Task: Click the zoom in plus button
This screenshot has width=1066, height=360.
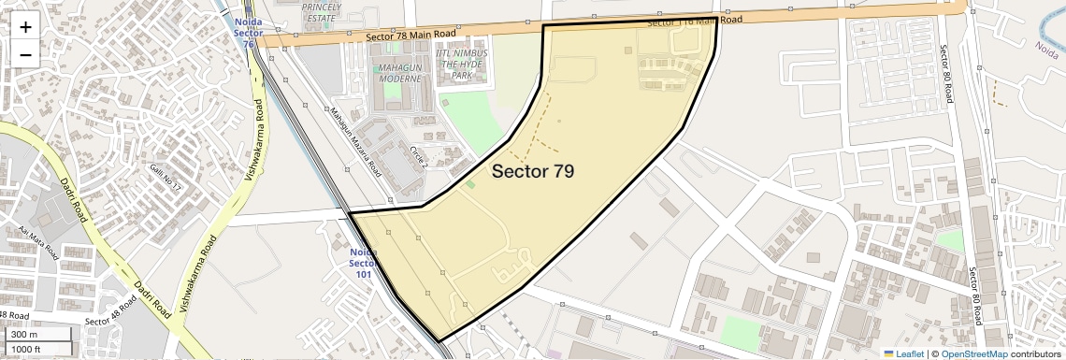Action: point(25,26)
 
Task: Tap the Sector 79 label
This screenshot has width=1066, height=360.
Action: point(532,171)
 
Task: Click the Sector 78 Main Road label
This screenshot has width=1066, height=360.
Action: point(411,35)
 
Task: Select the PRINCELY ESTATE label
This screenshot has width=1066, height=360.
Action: point(321,10)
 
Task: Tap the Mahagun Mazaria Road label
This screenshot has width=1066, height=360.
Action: point(355,141)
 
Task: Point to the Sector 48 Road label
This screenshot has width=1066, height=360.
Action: point(111,315)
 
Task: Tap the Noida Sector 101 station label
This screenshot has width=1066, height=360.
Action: point(363,264)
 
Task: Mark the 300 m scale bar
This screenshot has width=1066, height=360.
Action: point(37,334)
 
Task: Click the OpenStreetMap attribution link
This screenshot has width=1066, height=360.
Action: point(973,353)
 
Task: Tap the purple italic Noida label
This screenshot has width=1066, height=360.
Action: point(1045,46)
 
